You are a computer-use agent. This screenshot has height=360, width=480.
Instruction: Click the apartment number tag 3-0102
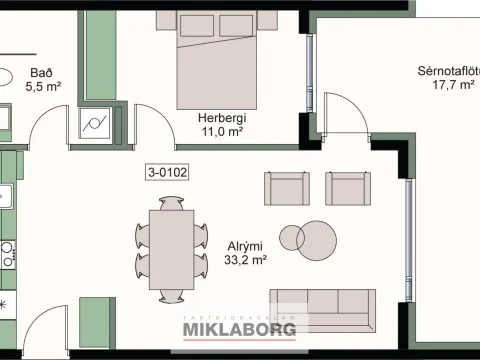point(167,172)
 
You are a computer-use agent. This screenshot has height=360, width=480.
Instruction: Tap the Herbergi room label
point(222,118)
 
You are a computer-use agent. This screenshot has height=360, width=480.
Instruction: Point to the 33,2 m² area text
point(245,260)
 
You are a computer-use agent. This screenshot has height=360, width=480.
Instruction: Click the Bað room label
point(42,73)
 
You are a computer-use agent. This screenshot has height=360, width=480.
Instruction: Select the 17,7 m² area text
point(453,85)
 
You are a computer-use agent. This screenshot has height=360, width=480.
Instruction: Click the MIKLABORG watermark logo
point(239,329)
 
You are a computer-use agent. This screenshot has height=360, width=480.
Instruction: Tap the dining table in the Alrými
point(171,249)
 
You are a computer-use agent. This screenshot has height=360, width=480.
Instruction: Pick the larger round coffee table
point(316,240)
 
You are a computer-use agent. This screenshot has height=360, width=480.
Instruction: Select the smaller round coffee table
point(292,238)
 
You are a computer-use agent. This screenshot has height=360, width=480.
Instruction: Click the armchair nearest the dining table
point(287,188)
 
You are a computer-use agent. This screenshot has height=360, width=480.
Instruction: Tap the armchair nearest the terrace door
point(348,188)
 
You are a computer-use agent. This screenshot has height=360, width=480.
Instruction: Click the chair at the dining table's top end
point(171,203)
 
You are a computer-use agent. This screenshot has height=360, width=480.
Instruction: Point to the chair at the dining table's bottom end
point(171,296)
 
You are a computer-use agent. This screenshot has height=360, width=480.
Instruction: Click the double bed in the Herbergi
point(217,60)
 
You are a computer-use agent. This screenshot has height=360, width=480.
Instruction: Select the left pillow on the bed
point(197,26)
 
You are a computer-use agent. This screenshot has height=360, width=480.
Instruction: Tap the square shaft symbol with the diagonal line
point(95,123)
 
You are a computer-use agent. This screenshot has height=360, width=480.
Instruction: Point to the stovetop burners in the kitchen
point(8,255)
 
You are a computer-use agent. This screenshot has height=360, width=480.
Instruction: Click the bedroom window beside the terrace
point(310,73)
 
